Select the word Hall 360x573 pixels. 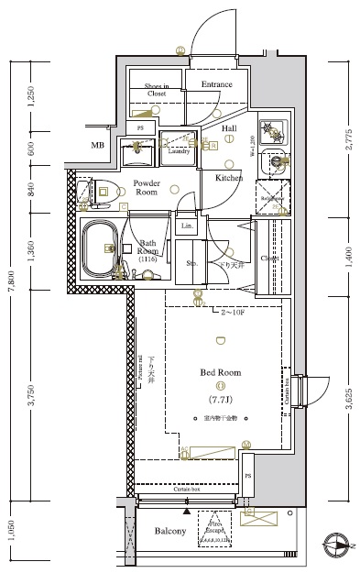pos(229,128)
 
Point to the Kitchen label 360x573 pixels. pos(228,177)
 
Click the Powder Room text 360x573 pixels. pos(147,187)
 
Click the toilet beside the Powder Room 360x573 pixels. pos(85,192)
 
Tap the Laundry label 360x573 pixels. pos(179,151)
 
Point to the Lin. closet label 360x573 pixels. pos(186,226)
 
